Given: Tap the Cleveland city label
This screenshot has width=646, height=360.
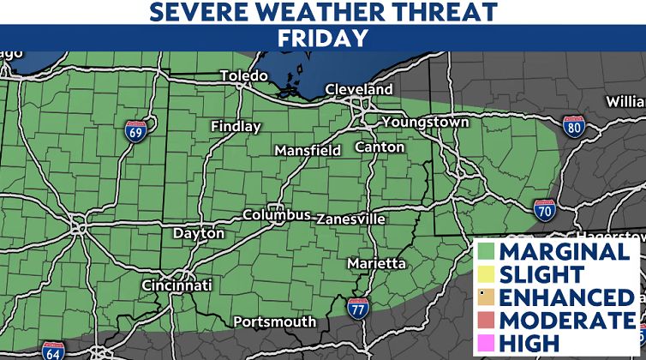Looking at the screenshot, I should (x=358, y=90).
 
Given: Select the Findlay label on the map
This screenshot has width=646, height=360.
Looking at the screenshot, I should (x=236, y=127).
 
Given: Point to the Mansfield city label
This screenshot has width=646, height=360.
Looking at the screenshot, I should (x=308, y=150).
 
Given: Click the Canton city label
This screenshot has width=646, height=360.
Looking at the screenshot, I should (x=380, y=147).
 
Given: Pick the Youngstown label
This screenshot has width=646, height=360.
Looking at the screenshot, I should (x=425, y=122).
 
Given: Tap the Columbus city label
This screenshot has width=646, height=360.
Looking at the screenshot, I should (x=276, y=214).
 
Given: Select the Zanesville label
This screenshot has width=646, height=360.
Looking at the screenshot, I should (x=350, y=219).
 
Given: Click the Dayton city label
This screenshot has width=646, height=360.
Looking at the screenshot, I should (x=199, y=233).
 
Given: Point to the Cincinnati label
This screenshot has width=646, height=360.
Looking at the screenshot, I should (x=176, y=285).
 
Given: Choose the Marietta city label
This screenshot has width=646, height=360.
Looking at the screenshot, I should (x=377, y=263).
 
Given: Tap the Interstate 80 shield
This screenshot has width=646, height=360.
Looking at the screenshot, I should (x=575, y=129).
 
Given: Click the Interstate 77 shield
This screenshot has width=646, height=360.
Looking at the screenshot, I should (x=358, y=308).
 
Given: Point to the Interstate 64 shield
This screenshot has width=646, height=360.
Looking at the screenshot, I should (x=52, y=351).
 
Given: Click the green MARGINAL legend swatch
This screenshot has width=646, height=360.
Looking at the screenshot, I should (x=487, y=253).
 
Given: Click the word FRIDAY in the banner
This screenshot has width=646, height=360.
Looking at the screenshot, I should (x=323, y=39).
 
